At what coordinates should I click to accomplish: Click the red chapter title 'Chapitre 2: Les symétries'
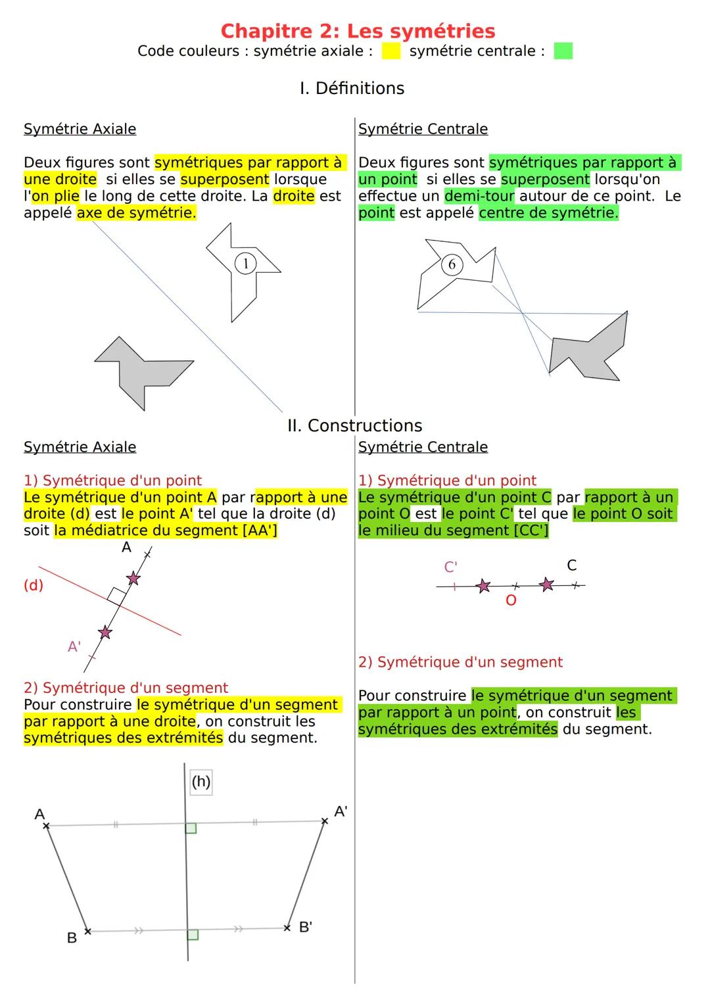coord(358,31)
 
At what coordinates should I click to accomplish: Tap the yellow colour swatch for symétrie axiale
coord(390,51)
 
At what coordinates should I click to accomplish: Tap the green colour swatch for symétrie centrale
coord(563,51)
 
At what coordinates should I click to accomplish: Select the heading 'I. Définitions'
coord(352,88)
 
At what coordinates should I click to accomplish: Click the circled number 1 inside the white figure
coord(245,264)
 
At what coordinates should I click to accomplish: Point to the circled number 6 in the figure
coord(452,264)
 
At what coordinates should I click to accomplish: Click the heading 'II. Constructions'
coord(354,425)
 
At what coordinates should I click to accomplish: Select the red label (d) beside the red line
coord(34,585)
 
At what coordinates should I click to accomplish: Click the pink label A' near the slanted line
coord(74,647)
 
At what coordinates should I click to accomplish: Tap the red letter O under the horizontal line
coord(511,600)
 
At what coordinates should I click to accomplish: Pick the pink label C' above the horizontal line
coord(450,567)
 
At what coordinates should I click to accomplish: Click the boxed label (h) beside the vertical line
coord(201,782)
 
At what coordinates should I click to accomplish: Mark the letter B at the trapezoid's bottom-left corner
coord(72,938)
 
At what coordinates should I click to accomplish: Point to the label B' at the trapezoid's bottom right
coord(305,927)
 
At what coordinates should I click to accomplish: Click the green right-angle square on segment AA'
coord(191,828)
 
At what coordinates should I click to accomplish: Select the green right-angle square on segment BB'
coord(192,934)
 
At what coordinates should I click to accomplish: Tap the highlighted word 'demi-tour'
coord(479,196)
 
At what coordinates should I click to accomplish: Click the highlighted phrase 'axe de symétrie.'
coord(136,213)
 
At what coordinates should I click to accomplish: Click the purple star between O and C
coord(546,584)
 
